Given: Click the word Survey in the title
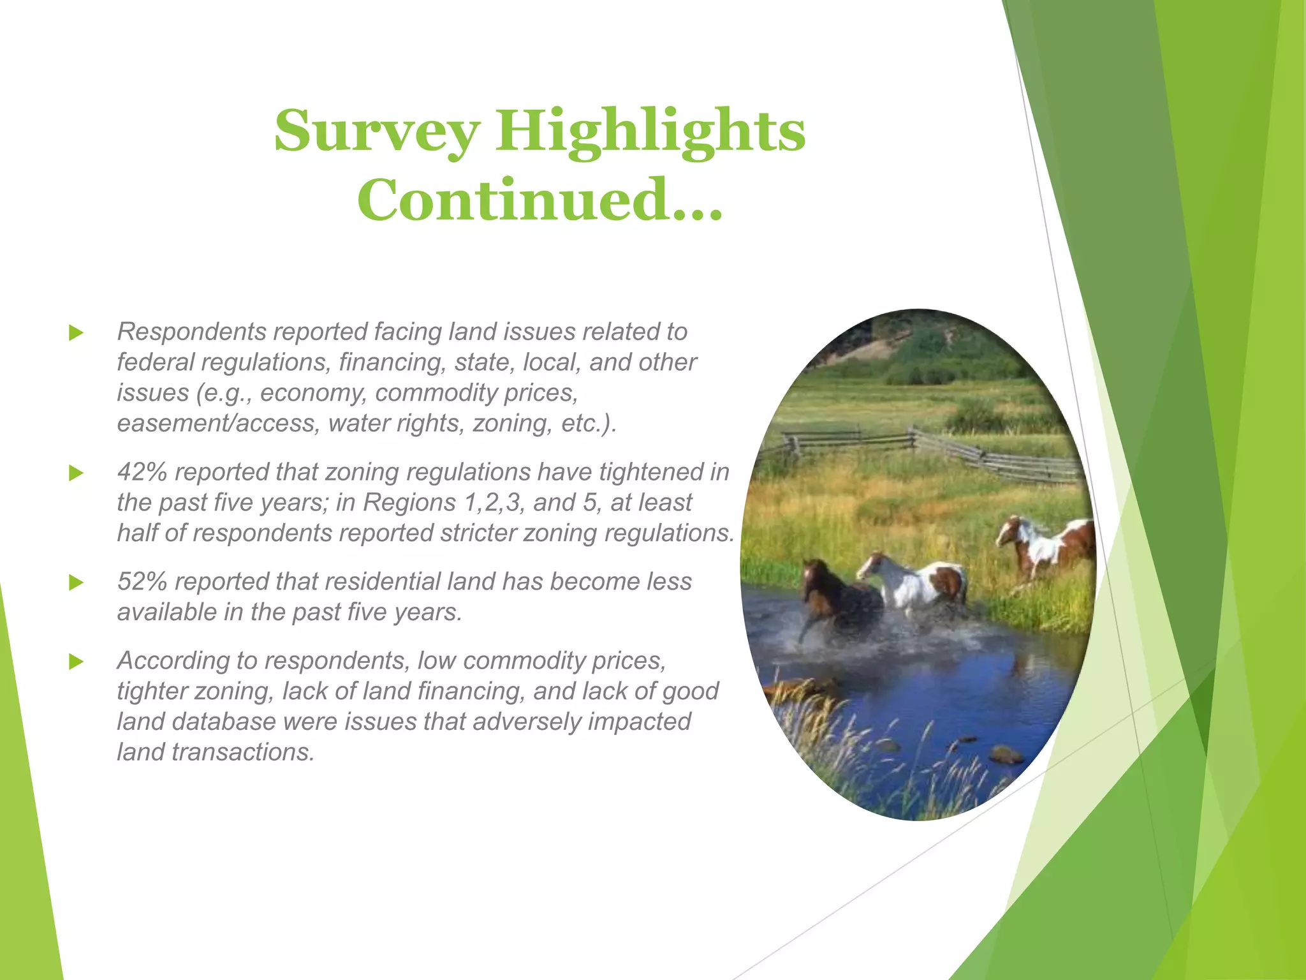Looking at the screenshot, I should pyautogui.click(x=376, y=132).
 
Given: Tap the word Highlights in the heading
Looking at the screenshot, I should pyautogui.click(x=650, y=132).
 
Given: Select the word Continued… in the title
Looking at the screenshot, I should pyautogui.click(x=539, y=200).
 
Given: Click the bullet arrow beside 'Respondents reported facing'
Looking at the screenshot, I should pyautogui.click(x=76, y=332).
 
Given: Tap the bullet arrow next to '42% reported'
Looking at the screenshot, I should pyautogui.click(x=76, y=473).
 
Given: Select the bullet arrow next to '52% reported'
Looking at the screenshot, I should pyautogui.click(x=76, y=583).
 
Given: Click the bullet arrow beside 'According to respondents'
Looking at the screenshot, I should pyautogui.click(x=76, y=662).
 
